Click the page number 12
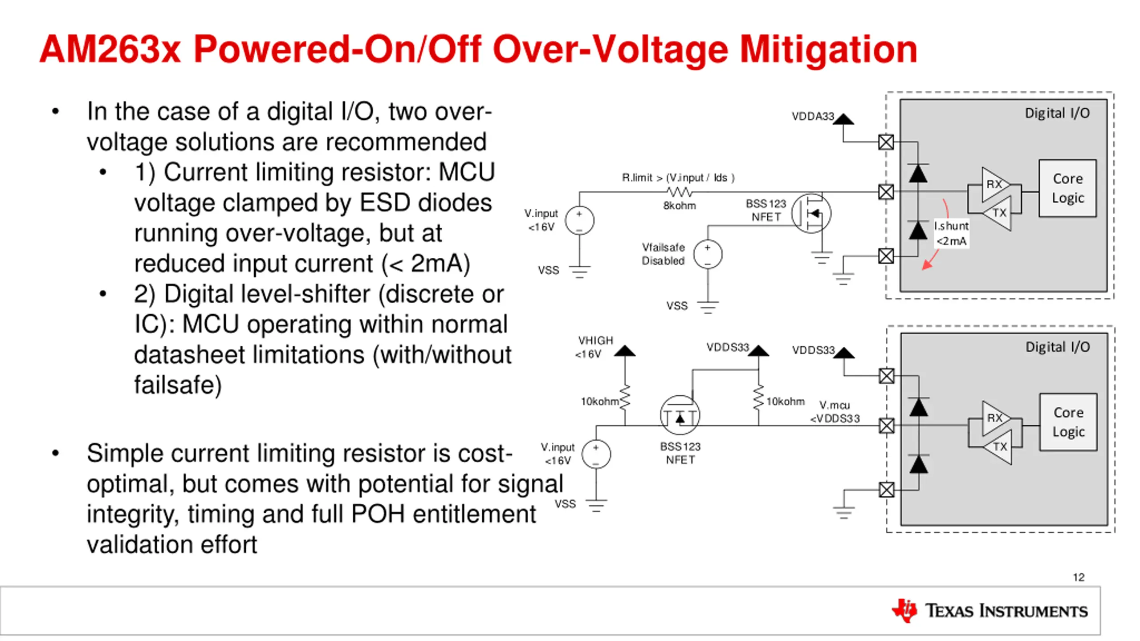pyautogui.click(x=1079, y=577)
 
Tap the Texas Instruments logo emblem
pyautogui.click(x=904, y=610)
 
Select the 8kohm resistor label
pyautogui.click(x=680, y=206)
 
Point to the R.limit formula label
pyautogui.click(x=678, y=178)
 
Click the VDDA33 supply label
pyautogui.click(x=813, y=117)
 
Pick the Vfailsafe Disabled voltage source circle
pyautogui.click(x=708, y=255)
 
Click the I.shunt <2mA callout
pyautogui.click(x=951, y=233)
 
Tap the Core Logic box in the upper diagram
pyautogui.click(x=1067, y=188)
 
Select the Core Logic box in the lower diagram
pyautogui.click(x=1068, y=422)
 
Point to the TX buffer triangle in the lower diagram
pyautogui.click(x=999, y=446)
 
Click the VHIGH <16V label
pyautogui.click(x=595, y=347)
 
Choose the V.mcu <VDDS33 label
pyautogui.click(x=835, y=412)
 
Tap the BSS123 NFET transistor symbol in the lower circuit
pyautogui.click(x=680, y=415)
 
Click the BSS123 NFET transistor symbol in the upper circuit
pyautogui.click(x=811, y=213)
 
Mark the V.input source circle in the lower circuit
pyautogui.click(x=596, y=454)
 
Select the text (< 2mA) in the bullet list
pyautogui.click(x=425, y=264)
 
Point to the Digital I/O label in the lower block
pyautogui.click(x=1058, y=347)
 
